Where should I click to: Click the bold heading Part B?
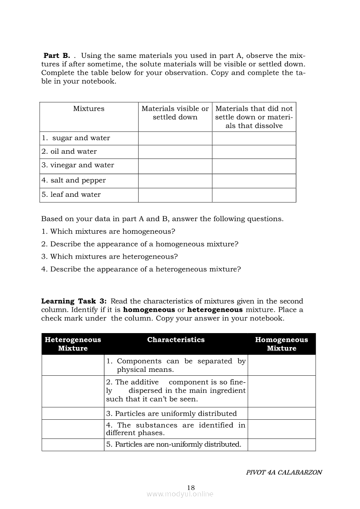click(x=57, y=56)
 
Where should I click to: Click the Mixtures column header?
click(x=89, y=109)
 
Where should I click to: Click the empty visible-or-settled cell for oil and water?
click(x=175, y=152)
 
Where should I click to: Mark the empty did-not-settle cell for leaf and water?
click(x=254, y=195)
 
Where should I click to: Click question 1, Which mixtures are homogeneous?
click(x=109, y=232)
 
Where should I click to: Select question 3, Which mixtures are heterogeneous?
click(x=110, y=256)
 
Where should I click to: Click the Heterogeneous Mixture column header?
click(x=73, y=344)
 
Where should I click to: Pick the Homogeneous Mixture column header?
click(x=281, y=344)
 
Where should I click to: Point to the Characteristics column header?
click(x=176, y=340)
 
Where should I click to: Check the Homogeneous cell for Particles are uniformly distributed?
click(x=281, y=413)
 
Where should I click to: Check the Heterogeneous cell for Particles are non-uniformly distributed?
click(x=73, y=445)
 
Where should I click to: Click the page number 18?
click(x=190, y=487)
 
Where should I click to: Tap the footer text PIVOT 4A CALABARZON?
click(x=284, y=472)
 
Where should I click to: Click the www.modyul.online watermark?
click(x=180, y=494)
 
